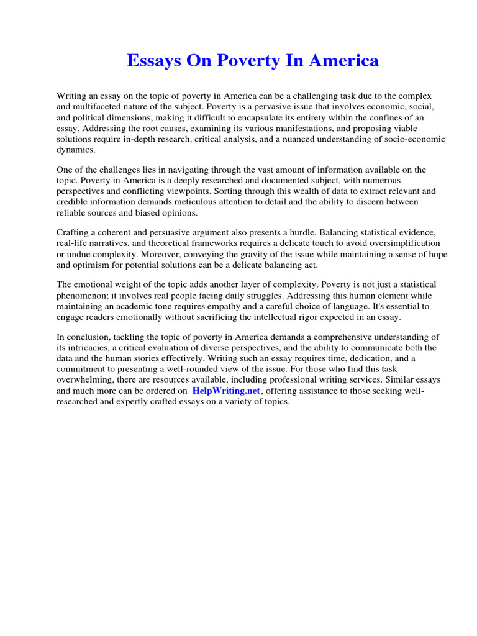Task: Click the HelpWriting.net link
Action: click(227, 391)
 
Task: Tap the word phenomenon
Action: click(83, 295)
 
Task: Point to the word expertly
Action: click(135, 401)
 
